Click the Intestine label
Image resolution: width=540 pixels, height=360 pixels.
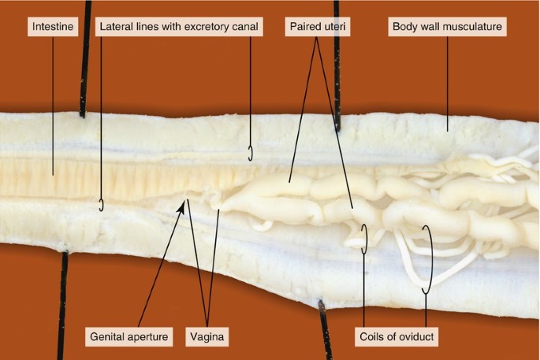click(x=53, y=27)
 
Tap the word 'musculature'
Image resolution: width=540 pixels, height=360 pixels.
click(x=473, y=27)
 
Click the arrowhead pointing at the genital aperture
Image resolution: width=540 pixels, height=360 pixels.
click(x=187, y=204)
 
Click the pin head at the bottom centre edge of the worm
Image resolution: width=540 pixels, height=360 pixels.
click(x=319, y=302)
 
